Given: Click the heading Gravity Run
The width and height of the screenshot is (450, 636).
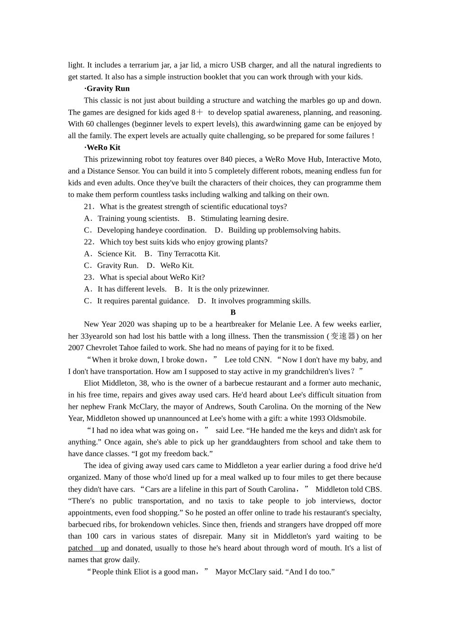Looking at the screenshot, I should (x=108, y=88).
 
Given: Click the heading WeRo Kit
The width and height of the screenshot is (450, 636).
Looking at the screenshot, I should (x=103, y=148).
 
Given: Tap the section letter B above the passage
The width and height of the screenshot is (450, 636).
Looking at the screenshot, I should (x=233, y=312).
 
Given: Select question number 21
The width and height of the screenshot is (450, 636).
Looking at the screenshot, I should (x=89, y=207).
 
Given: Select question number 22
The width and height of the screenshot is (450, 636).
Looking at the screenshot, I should (x=89, y=242).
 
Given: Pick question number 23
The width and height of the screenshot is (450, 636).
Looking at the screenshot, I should (x=89, y=277).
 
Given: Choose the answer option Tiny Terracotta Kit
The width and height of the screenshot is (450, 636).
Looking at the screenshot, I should (x=189, y=254).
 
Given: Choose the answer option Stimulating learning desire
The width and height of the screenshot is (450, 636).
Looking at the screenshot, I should (x=244, y=219).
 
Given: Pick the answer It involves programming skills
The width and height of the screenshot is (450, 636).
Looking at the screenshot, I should (x=261, y=301).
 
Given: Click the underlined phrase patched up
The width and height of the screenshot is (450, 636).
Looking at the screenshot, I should (x=88, y=548).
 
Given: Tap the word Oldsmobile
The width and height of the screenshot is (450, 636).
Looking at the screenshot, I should (x=345, y=419).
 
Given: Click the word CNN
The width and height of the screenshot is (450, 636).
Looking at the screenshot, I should (x=262, y=360).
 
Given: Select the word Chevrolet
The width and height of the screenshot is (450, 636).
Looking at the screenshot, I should (x=103, y=348).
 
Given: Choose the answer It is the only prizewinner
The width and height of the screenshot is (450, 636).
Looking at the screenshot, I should (x=228, y=289).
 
